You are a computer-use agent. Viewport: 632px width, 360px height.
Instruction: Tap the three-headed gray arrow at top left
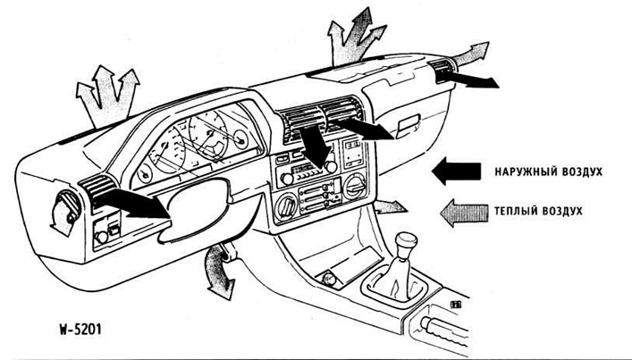click(105, 91)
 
